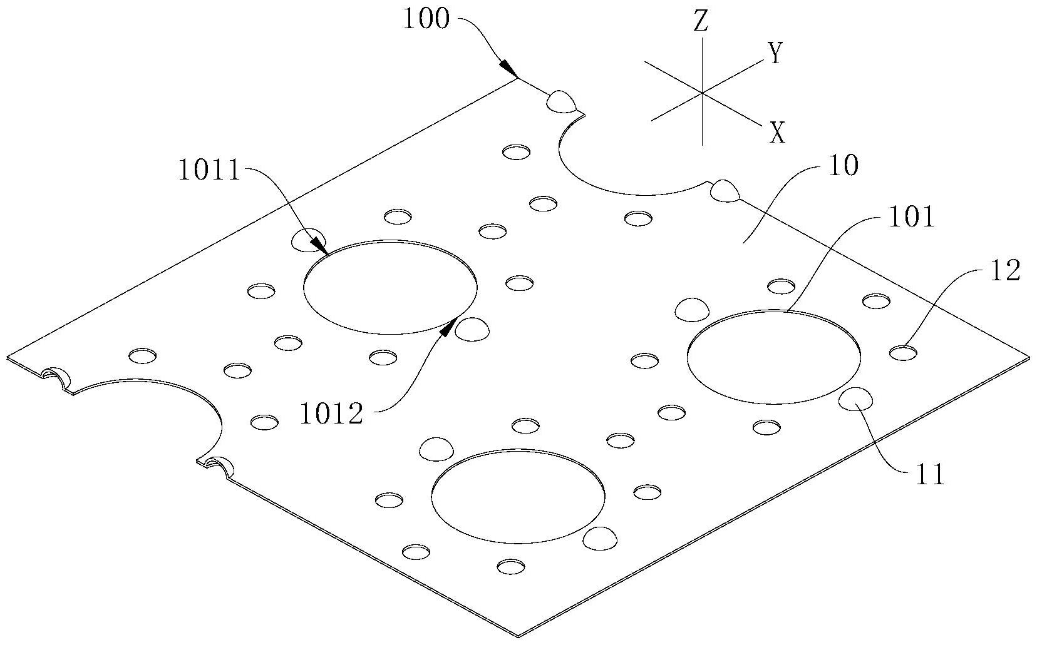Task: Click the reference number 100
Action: pos(426,19)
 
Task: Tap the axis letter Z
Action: pos(701,22)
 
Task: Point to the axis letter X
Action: pos(777,133)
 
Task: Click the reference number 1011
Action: pos(209,171)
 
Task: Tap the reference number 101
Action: pos(907,218)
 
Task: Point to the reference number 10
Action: pos(843,167)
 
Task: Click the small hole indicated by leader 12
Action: pos(903,353)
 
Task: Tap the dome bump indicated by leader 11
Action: pos(856,399)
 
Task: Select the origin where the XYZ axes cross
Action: pos(701,93)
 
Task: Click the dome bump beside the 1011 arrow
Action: pos(309,240)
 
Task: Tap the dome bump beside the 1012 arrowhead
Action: pos(472,329)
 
